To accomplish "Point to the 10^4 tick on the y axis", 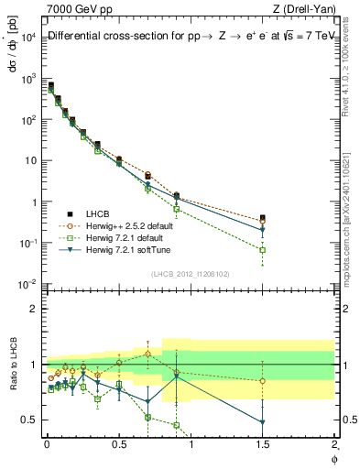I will click(27, 37).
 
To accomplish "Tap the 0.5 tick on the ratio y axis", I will click(27, 420).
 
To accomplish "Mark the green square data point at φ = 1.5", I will click(263, 249).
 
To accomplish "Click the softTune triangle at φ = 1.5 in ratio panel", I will click(263, 422).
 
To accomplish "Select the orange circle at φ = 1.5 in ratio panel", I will click(263, 380).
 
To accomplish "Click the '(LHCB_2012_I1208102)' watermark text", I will click(185, 273).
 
